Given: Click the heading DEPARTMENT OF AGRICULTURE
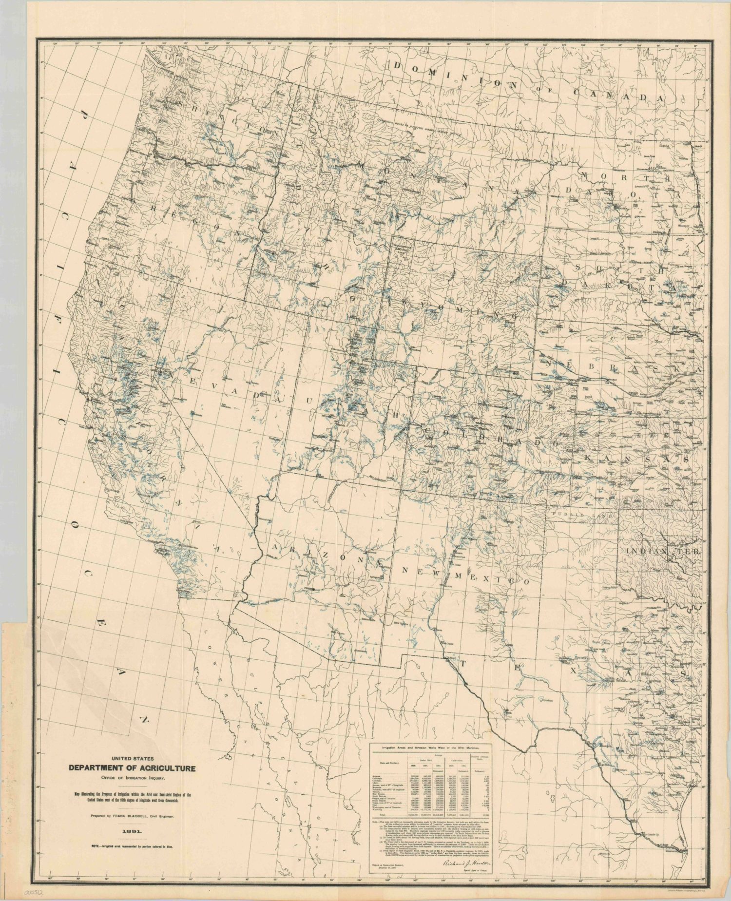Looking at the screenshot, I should coord(132,768).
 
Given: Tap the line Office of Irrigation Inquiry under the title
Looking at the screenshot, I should coord(132,778).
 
